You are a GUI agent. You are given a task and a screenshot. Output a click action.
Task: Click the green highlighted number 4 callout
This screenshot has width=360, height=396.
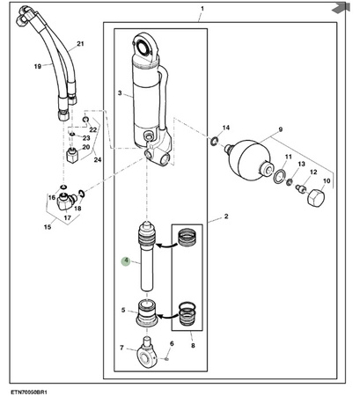(126, 260)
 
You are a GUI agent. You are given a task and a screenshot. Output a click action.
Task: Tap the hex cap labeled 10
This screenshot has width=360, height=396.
(316, 198)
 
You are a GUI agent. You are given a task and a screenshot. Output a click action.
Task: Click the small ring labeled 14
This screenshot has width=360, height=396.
(214, 142)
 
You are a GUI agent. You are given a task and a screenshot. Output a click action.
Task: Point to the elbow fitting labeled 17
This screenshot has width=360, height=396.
(66, 202)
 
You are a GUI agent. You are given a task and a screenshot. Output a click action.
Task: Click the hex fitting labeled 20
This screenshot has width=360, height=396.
(71, 155)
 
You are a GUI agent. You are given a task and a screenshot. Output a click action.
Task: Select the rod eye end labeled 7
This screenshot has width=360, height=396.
(146, 352)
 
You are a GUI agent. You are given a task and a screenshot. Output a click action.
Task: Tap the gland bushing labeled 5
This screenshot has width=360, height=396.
(147, 313)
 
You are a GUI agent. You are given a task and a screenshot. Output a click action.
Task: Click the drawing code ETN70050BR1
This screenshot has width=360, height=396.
(29, 392)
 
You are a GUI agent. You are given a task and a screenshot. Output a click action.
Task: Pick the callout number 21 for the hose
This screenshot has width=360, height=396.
(80, 44)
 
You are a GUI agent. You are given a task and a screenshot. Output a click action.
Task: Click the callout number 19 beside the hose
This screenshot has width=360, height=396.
(38, 66)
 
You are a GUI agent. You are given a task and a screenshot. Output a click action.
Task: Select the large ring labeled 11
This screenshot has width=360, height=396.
(278, 176)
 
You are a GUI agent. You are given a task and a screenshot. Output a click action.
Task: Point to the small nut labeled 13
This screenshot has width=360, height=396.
(290, 182)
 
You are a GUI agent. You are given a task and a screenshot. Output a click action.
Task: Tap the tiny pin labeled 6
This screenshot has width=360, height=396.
(166, 358)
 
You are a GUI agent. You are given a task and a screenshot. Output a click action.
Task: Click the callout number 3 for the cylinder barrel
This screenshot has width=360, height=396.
(120, 93)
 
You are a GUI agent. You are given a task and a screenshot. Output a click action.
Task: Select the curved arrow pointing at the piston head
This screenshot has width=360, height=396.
(167, 245)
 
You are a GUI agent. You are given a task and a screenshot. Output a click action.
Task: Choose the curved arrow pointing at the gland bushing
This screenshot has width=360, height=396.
(169, 316)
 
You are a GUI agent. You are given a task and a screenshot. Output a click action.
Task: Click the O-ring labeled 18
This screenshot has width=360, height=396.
(82, 194)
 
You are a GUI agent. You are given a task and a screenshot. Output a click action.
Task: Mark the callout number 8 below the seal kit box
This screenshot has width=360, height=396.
(193, 346)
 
